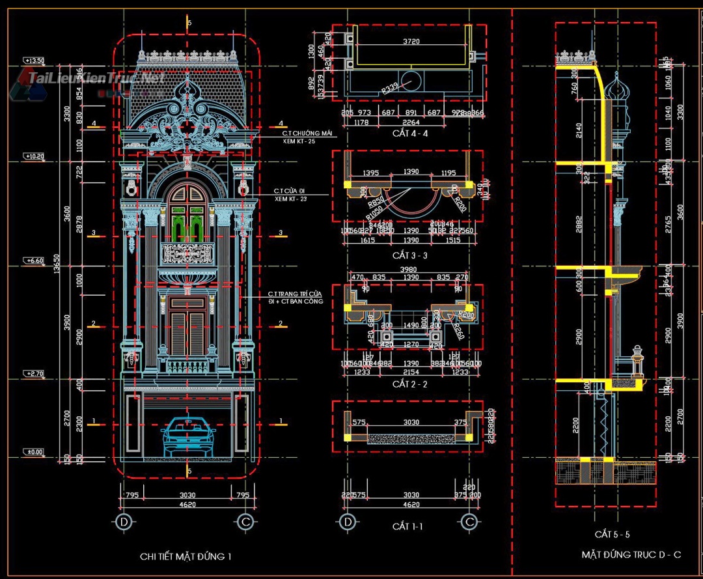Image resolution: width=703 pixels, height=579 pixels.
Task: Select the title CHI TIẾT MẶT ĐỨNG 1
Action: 186,556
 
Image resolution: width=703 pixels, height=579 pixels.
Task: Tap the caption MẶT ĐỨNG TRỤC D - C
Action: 631,555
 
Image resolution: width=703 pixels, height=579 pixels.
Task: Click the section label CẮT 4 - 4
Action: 410,134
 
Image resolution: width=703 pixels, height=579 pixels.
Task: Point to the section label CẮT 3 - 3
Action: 410,255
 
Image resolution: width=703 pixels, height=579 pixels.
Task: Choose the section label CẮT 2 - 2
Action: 410,384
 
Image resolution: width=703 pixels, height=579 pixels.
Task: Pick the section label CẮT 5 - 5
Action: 613,534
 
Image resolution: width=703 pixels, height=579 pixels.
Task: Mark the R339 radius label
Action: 390,88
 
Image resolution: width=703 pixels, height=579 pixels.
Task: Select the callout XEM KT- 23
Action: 290,199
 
